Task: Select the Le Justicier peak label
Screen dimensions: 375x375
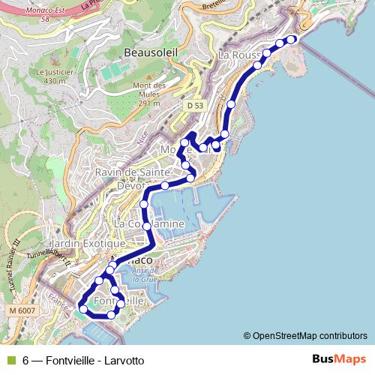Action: click(51, 76)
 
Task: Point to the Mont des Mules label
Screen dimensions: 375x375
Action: click(148, 90)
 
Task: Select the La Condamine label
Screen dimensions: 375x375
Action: click(148, 223)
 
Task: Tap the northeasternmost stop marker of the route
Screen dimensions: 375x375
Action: click(292, 39)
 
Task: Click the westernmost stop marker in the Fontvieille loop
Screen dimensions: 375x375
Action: click(83, 308)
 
